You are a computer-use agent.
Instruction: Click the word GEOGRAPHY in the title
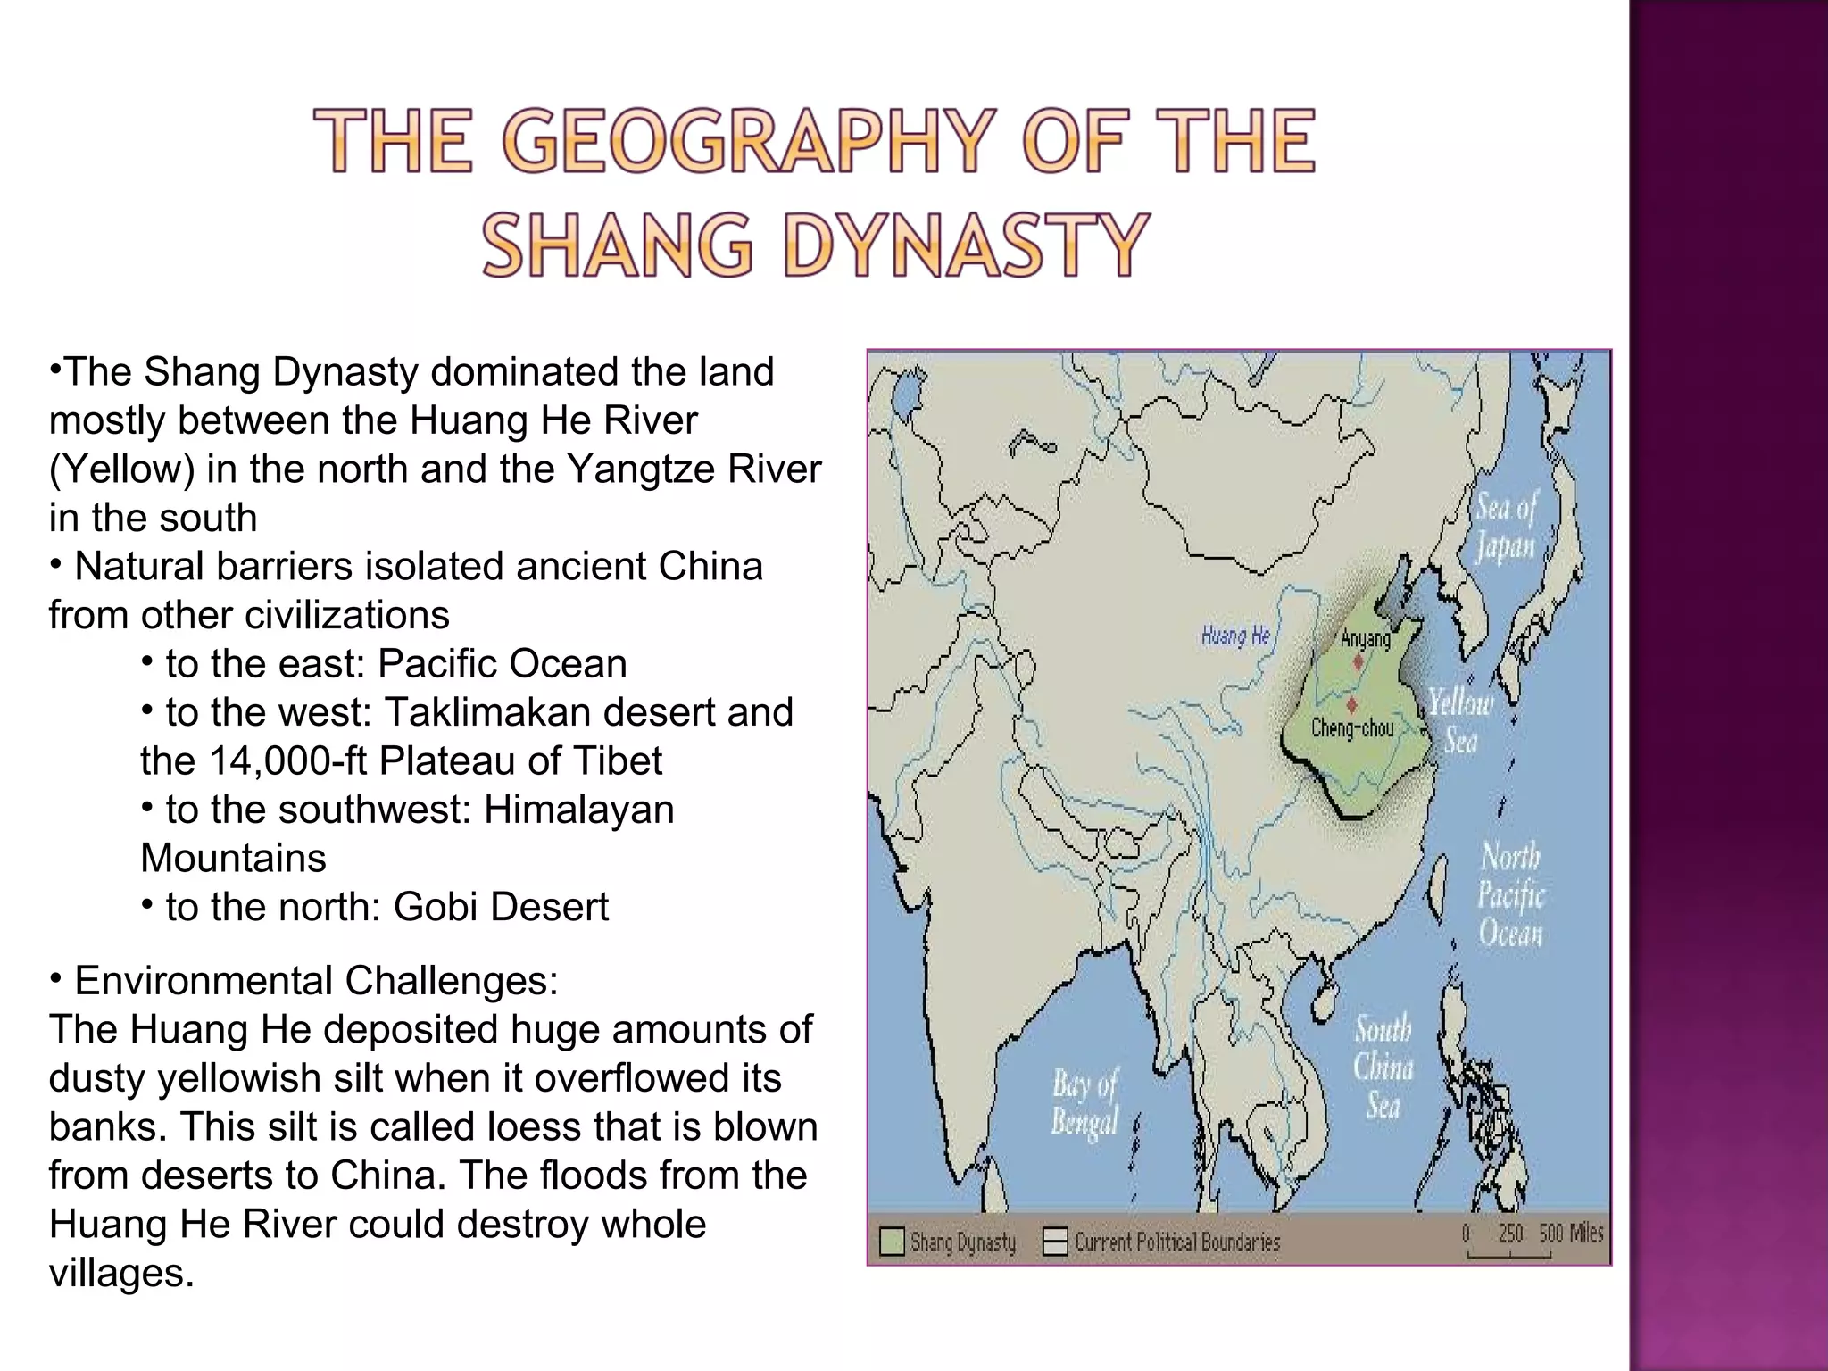click(745, 140)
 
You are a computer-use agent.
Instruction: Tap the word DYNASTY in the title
click(966, 245)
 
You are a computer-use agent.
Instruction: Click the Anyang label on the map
click(1365, 638)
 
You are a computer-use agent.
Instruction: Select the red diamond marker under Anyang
click(1358, 661)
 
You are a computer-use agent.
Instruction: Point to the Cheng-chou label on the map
click(1352, 728)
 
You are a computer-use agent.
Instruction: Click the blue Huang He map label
click(1235, 636)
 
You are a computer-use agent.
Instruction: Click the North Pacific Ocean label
click(1510, 894)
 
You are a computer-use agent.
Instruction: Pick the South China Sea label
click(1383, 1067)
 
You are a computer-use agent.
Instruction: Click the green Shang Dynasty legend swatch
click(891, 1242)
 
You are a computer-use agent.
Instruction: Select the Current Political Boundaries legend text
click(1176, 1242)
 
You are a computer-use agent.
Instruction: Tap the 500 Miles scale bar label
click(1570, 1234)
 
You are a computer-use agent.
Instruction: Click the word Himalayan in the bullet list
click(578, 810)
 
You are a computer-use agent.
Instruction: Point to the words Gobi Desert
click(501, 907)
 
